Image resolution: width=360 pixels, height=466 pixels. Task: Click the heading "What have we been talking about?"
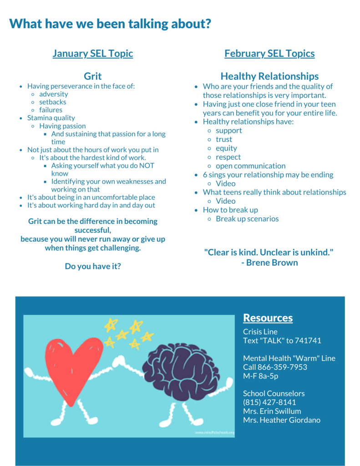[x=110, y=24]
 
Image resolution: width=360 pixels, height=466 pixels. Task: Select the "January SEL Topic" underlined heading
[x=93, y=54]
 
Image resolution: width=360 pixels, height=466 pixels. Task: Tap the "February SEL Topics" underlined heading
[x=269, y=54]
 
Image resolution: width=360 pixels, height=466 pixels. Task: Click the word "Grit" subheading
[x=93, y=76]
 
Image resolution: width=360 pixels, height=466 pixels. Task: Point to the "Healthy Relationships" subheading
[x=269, y=76]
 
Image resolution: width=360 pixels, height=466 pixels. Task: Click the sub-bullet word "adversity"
[x=54, y=94]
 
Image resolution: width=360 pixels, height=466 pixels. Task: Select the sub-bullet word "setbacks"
[x=53, y=102]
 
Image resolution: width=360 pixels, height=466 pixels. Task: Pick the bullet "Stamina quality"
[x=51, y=118]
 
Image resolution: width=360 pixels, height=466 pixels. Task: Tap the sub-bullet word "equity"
[x=226, y=148]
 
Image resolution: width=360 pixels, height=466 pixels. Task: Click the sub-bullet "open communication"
[x=251, y=166]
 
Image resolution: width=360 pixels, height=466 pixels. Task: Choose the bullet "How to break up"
[x=230, y=210]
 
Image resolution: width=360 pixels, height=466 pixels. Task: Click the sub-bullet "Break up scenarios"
[x=247, y=219]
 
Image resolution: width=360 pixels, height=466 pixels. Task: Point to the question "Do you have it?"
[x=93, y=266]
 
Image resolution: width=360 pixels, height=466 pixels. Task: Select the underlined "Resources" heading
[x=268, y=318]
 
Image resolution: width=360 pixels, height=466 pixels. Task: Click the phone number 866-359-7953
[x=282, y=367]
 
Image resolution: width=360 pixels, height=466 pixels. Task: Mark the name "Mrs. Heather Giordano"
[x=282, y=420]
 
